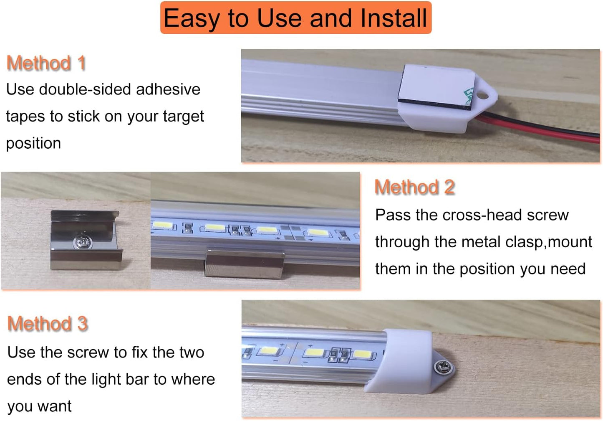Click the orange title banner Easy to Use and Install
click(x=295, y=18)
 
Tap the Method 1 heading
click(x=46, y=63)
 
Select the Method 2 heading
click(x=414, y=187)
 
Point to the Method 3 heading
click(x=48, y=324)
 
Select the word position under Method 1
click(x=33, y=143)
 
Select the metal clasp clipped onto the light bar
click(x=244, y=264)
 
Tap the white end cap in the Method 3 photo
click(x=405, y=359)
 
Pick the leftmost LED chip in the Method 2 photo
click(x=163, y=226)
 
